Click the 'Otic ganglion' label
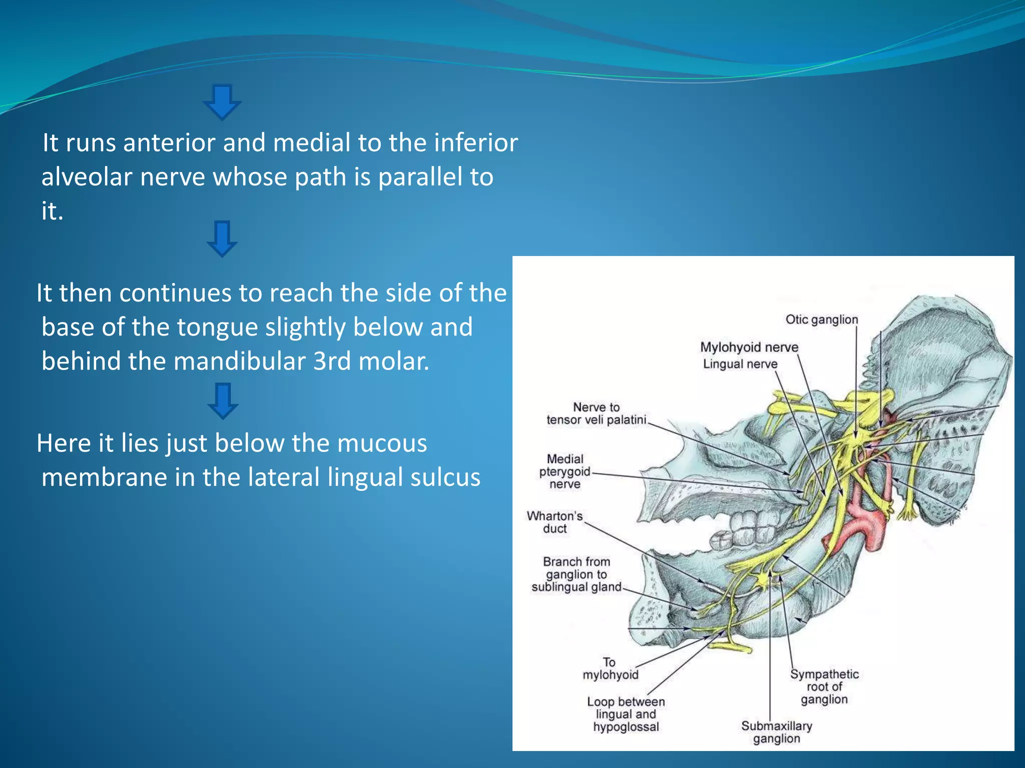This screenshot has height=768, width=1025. [821, 319]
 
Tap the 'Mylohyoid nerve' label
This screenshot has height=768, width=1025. [749, 347]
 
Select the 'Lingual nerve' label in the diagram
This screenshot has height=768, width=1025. [740, 364]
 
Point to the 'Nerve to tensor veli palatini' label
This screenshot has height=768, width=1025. [596, 413]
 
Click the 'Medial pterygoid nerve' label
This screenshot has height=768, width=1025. [565, 471]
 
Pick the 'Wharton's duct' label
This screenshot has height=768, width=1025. [555, 522]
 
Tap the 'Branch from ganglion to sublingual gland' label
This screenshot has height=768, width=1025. [576, 574]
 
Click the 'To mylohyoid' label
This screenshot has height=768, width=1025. [610, 668]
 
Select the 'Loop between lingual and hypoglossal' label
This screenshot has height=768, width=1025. [626, 714]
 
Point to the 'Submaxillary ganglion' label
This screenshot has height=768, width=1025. [776, 732]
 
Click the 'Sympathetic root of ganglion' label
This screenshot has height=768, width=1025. [824, 686]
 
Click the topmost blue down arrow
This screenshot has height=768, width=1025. [222, 102]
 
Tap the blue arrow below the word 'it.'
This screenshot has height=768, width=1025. [222, 238]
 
